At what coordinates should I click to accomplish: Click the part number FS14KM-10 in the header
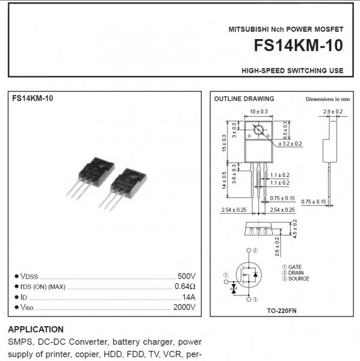(299, 45)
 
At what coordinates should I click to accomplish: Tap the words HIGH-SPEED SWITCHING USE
(293, 70)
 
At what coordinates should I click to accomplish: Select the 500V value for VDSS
(187, 276)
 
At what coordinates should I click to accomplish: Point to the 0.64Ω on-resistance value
(185, 286)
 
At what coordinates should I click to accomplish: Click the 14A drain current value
(189, 297)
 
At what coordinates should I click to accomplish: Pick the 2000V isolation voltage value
(184, 307)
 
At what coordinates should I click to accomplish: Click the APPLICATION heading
(36, 330)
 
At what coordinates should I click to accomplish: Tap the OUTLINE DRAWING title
(244, 99)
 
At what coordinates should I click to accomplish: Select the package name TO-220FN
(282, 311)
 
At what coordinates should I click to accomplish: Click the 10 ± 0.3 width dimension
(259, 112)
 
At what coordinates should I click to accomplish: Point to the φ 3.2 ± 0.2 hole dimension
(290, 144)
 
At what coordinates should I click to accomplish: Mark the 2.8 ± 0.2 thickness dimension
(332, 112)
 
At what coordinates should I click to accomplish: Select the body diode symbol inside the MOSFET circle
(255, 274)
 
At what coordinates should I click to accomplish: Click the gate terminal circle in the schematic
(226, 282)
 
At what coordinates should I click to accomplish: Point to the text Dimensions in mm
(327, 99)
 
